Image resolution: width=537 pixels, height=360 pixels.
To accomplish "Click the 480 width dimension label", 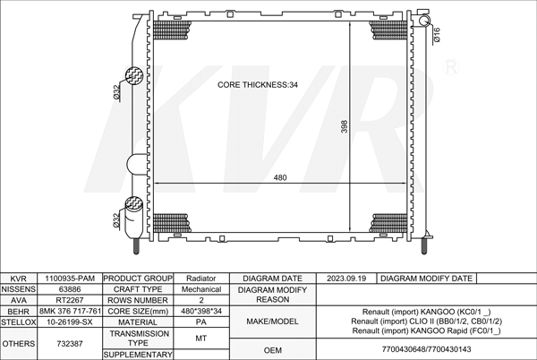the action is coord(280,177).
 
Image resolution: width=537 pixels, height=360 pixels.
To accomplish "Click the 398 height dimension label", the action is coord(345,126).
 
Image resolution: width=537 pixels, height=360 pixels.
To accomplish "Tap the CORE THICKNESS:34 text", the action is coord(258,84).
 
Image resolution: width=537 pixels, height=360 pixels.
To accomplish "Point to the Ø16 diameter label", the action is coord(437,35).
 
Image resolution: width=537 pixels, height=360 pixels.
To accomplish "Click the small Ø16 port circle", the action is coord(424,21).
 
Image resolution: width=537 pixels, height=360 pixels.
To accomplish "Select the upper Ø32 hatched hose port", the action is coord(134,75).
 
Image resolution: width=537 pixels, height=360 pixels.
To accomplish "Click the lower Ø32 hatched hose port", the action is coord(134,204).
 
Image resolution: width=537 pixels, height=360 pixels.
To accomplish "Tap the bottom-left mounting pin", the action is coord(136,246).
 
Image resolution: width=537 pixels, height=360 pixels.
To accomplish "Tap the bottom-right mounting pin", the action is coord(424,246).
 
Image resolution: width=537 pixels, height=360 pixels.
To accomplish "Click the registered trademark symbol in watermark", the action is coord(451,67).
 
